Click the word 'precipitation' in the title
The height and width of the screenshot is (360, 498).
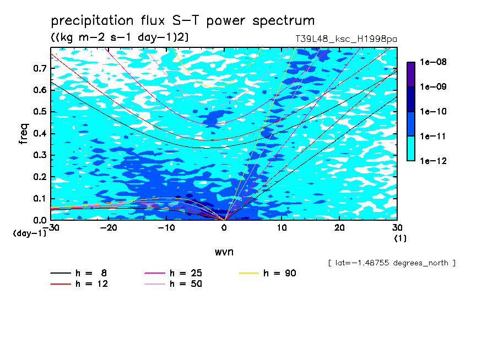pyautogui.click(x=92, y=21)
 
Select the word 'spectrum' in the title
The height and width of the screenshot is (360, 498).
pyautogui.click(x=283, y=21)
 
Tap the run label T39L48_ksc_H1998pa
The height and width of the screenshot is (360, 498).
pyautogui.click(x=346, y=39)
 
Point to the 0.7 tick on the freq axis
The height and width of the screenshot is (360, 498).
pyautogui.click(x=40, y=68)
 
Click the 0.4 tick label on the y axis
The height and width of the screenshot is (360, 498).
pyautogui.click(x=40, y=133)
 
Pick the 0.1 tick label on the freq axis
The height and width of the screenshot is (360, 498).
pyautogui.click(x=40, y=198)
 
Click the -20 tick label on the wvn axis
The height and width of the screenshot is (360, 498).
pyautogui.click(x=109, y=228)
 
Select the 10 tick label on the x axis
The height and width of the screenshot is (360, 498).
pyautogui.click(x=282, y=228)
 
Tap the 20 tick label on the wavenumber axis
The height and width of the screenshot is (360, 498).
pyautogui.click(x=339, y=228)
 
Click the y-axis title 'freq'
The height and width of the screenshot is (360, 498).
pyautogui.click(x=24, y=134)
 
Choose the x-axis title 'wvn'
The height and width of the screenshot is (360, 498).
pyautogui.click(x=224, y=252)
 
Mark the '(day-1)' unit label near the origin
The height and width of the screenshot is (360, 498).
pyautogui.click(x=30, y=233)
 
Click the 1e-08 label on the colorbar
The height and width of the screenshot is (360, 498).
pyautogui.click(x=433, y=62)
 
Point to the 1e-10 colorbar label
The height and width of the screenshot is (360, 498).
pyautogui.click(x=433, y=111)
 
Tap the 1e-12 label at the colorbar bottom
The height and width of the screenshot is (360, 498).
pyautogui.click(x=433, y=161)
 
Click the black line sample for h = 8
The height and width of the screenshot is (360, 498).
pyautogui.click(x=61, y=273)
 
